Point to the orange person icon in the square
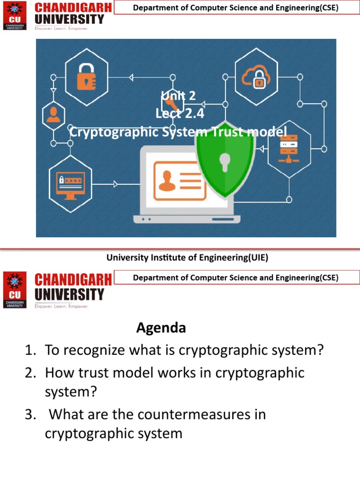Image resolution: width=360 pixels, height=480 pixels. pos(53,114)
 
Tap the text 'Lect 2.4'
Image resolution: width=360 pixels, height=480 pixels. pos(180,113)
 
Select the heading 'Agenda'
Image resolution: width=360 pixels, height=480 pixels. pos(161,328)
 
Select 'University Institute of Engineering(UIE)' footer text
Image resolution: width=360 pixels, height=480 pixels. pos(187,257)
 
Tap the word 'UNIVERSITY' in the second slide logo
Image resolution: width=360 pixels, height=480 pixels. pos(70,294)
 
